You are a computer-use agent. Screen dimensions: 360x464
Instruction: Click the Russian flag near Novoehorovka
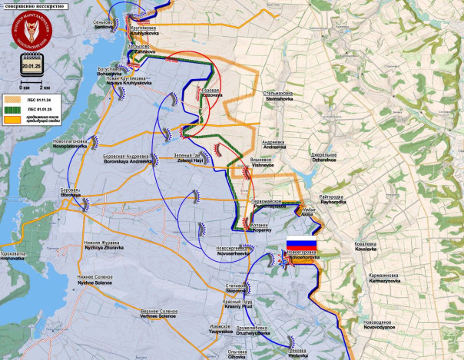click(x=301, y=247)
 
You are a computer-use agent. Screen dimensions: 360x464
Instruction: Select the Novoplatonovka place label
click(x=71, y=144)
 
